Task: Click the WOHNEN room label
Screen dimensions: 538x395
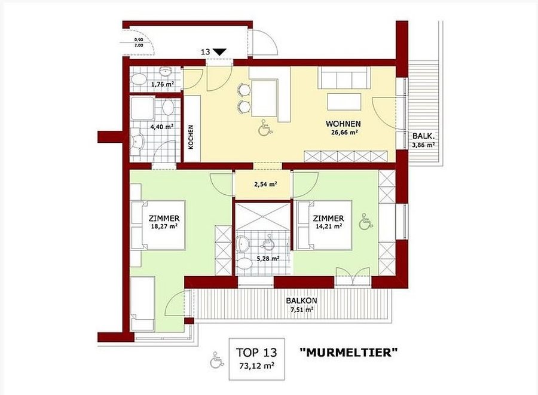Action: tap(343, 124)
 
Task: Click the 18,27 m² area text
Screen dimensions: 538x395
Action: tap(164, 226)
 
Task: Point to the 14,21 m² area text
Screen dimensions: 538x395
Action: tap(328, 226)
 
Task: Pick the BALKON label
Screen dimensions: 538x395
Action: tap(302, 301)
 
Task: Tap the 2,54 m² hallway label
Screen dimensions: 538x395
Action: tap(265, 184)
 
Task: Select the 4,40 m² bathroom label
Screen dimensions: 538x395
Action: tap(161, 127)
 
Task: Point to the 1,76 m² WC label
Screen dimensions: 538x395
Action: tap(162, 83)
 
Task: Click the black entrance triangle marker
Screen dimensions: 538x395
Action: tap(219, 52)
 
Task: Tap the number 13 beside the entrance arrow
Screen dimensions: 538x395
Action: tap(205, 52)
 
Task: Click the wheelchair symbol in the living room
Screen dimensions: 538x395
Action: tap(265, 127)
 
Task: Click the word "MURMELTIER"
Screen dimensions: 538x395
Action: tap(349, 353)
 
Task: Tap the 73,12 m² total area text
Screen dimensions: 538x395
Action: tap(256, 366)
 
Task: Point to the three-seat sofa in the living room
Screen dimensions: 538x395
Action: tap(344, 78)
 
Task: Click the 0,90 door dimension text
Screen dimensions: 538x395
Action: tap(139, 40)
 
